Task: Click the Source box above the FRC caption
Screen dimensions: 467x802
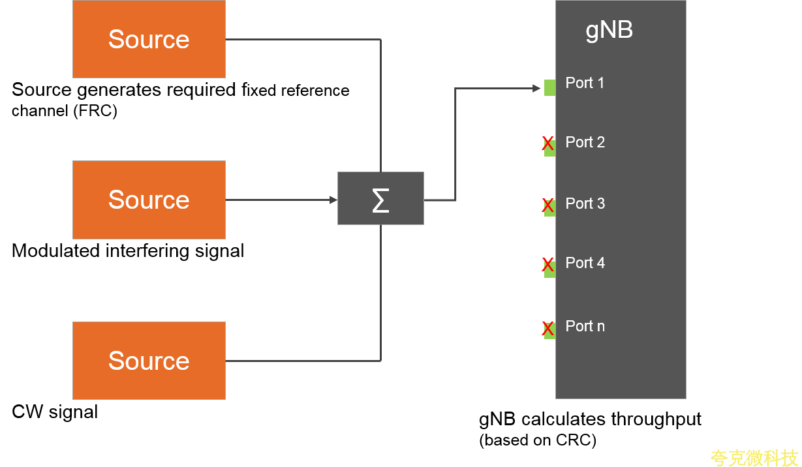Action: (x=149, y=39)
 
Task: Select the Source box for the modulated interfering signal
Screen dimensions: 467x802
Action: (x=149, y=200)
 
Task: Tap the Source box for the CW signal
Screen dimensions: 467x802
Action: (x=149, y=361)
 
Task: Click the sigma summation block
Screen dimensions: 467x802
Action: (x=380, y=198)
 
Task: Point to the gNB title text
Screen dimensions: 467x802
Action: (x=609, y=30)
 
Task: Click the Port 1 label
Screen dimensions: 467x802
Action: (x=585, y=83)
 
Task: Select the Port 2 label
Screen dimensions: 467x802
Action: (x=585, y=142)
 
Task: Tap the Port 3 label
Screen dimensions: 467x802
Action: (x=585, y=203)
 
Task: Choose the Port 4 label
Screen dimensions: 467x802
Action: (x=585, y=263)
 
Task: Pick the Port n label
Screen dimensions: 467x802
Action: (x=585, y=326)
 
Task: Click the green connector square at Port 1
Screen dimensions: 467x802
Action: (x=549, y=87)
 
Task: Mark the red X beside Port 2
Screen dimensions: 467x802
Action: (x=548, y=144)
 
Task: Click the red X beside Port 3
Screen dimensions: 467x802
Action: (x=548, y=206)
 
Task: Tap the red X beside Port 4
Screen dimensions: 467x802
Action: (x=548, y=265)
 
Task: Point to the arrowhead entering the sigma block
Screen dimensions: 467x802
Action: (x=333, y=200)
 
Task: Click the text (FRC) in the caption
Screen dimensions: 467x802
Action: (x=95, y=111)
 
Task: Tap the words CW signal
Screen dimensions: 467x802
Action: (x=55, y=412)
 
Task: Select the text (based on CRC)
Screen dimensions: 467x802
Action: (x=538, y=440)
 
